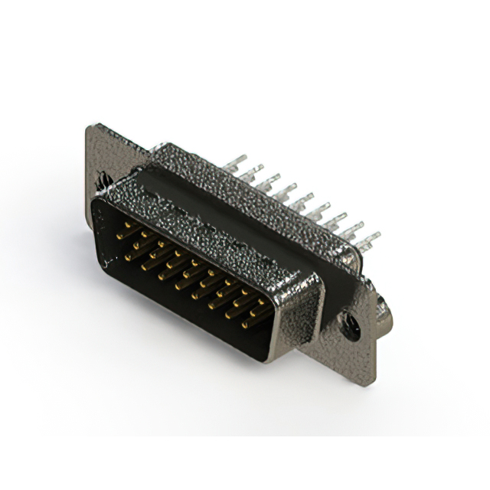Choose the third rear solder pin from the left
269,181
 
